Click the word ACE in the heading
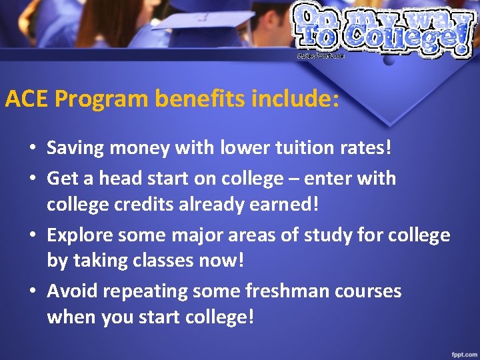point(27,99)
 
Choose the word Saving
point(73,147)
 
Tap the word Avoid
point(70,291)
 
